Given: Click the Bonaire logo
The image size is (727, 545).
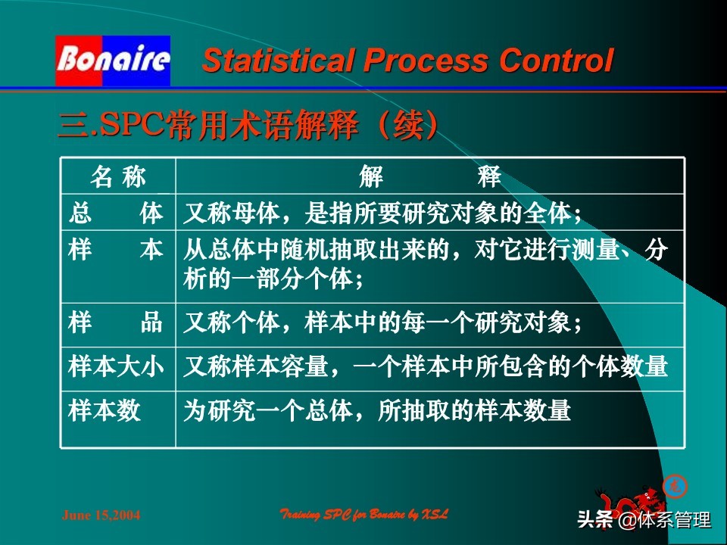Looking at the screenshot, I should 112,61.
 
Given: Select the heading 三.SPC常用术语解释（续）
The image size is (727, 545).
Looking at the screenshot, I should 248,124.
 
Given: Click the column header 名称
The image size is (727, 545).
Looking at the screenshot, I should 117,177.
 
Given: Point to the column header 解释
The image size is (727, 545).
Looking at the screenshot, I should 429,177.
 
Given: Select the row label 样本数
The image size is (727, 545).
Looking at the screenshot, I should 105,411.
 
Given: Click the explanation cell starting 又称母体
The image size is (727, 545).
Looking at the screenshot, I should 382,214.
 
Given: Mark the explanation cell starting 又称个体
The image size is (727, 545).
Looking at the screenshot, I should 382,324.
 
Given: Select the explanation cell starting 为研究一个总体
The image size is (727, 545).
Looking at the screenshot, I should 376,411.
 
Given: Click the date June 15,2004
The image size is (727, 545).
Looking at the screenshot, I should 100,515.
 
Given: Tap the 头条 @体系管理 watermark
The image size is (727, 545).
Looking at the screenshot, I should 644,521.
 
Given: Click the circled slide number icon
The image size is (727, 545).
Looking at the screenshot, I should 672,485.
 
